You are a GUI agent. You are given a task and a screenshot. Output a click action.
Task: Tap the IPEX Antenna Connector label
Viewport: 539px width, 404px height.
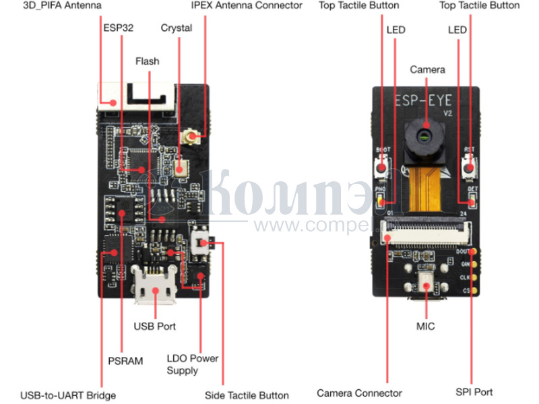pyautogui.click(x=247, y=5)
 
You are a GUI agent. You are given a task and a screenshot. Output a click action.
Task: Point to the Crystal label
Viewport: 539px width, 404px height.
pyautogui.click(x=177, y=28)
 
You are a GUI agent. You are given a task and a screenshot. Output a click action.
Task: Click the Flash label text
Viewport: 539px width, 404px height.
pyautogui.click(x=147, y=61)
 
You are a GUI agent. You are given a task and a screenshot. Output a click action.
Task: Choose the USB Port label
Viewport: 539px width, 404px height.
pyautogui.click(x=154, y=326)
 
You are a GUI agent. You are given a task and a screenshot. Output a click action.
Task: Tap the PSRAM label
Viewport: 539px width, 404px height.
pyautogui.click(x=125, y=361)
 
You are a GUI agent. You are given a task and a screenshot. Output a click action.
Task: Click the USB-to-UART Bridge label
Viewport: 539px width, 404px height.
pyautogui.click(x=68, y=395)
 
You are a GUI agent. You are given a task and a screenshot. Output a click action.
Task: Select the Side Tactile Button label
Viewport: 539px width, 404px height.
pyautogui.click(x=247, y=395)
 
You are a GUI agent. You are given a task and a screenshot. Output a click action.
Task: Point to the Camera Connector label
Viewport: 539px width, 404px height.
pyautogui.click(x=359, y=393)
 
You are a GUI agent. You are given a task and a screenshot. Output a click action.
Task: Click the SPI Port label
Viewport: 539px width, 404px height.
pyautogui.click(x=474, y=392)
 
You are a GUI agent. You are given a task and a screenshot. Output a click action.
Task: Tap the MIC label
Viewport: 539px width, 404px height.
pyautogui.click(x=425, y=327)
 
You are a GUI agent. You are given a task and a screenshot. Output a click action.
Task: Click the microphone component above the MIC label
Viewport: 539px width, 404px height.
pyautogui.click(x=426, y=283)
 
